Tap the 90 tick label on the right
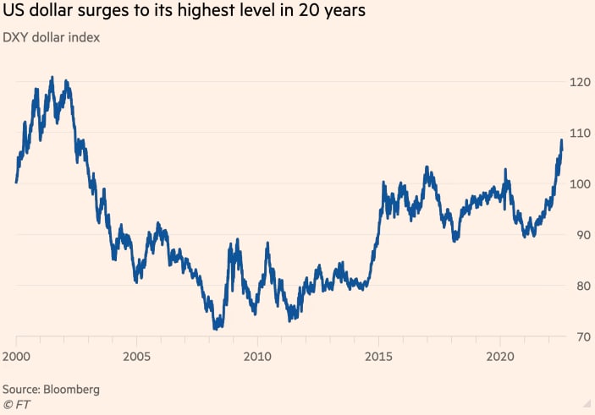(577, 235)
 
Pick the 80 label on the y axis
(577, 286)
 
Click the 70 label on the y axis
(577, 337)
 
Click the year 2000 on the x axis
(17, 355)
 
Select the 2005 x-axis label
(137, 355)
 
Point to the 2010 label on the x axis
(258, 355)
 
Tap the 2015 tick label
(378, 355)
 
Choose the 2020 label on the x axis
(499, 355)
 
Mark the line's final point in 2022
(561, 140)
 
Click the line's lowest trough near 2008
(217, 327)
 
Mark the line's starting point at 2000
(16, 181)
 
